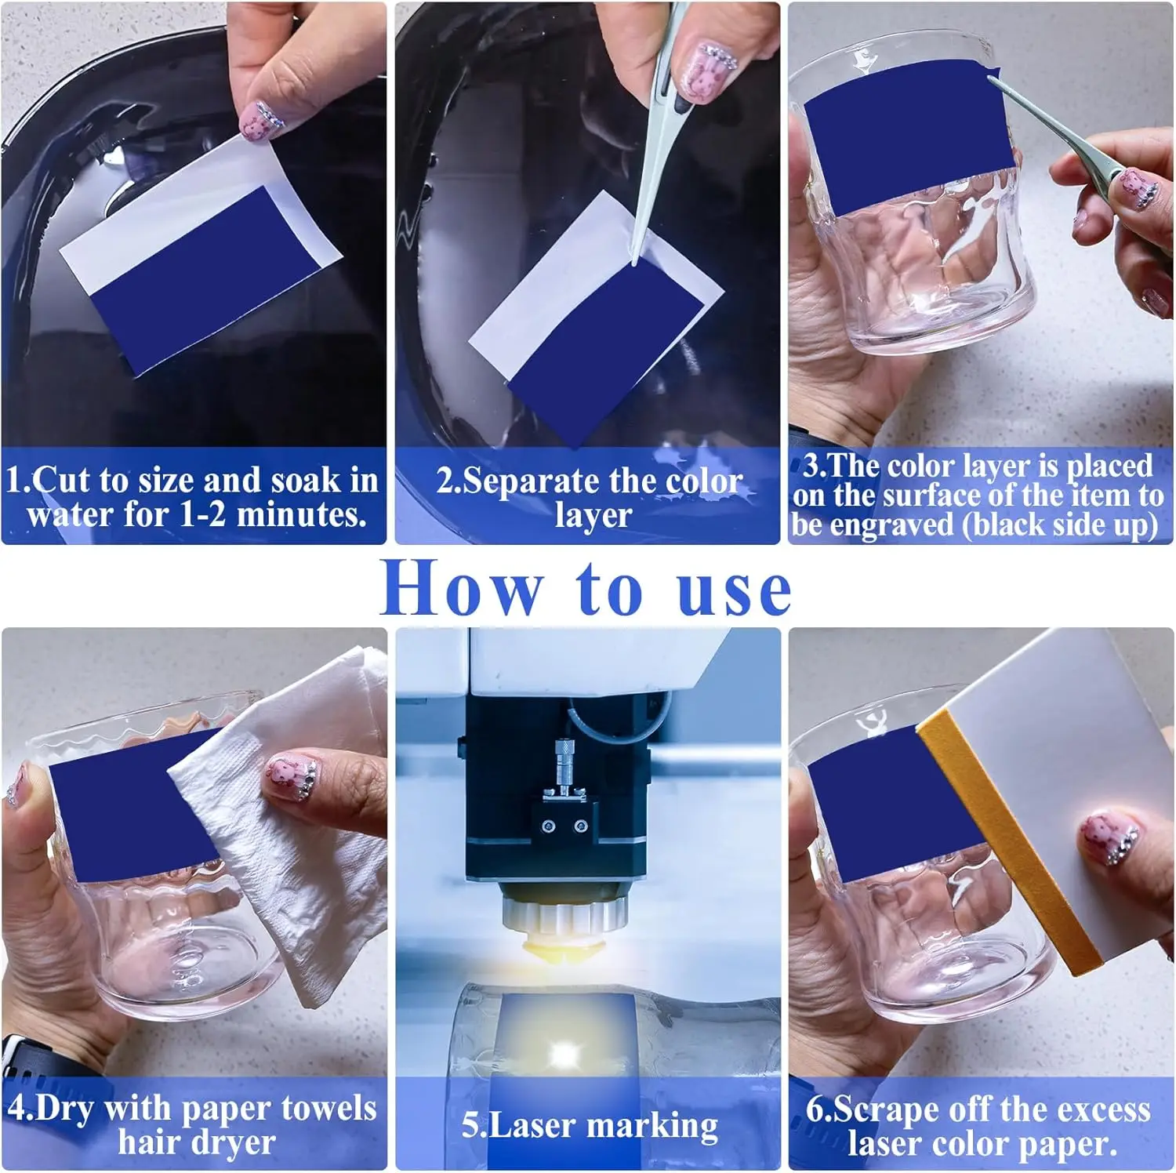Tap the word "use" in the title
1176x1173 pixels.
pos(734,591)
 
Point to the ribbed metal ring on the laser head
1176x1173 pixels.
pos(563,913)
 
